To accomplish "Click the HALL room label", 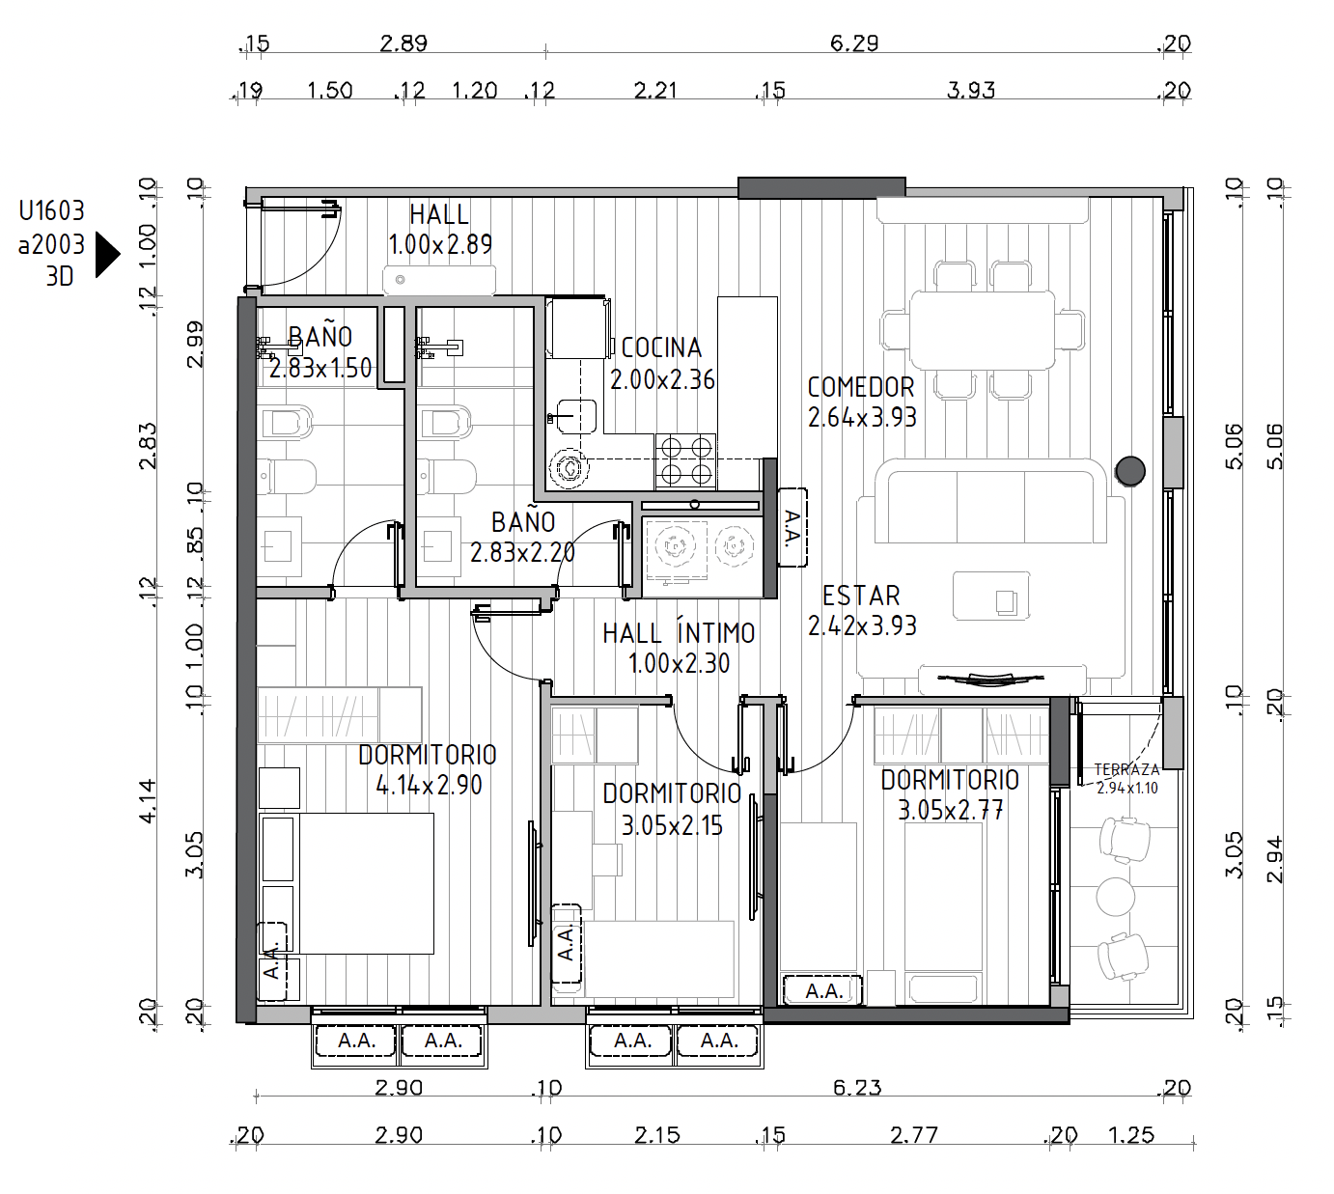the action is pyautogui.click(x=439, y=214).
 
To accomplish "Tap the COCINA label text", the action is pyautogui.click(x=661, y=347).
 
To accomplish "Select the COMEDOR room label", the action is pyautogui.click(x=861, y=387).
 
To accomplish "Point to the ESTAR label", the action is pyautogui.click(x=861, y=596).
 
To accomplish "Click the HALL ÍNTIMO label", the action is pyautogui.click(x=679, y=633).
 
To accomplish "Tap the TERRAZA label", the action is pyautogui.click(x=1126, y=769).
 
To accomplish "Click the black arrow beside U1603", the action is pyautogui.click(x=108, y=254).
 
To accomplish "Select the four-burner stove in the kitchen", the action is pyautogui.click(x=685, y=461).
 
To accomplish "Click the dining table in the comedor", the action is pyautogui.click(x=983, y=330).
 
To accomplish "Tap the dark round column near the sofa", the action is pyautogui.click(x=1130, y=472).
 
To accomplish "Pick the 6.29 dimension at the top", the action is pyautogui.click(x=854, y=43).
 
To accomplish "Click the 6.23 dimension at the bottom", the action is pyautogui.click(x=856, y=1087).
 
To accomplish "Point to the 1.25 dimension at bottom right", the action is pyautogui.click(x=1131, y=1135).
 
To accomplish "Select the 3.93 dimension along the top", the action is pyautogui.click(x=970, y=90).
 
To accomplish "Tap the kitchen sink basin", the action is pyautogui.click(x=577, y=416).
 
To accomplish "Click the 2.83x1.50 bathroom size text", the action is pyautogui.click(x=320, y=368).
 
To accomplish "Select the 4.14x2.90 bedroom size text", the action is pyautogui.click(x=429, y=785).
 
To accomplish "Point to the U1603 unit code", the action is pyautogui.click(x=51, y=211).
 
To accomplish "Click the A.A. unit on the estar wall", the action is pyautogui.click(x=792, y=528).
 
